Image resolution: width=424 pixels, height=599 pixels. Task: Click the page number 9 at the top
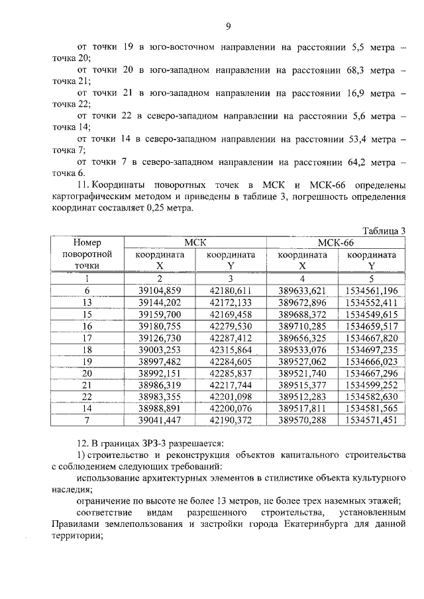(228, 26)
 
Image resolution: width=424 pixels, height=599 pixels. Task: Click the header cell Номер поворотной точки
(86, 254)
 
